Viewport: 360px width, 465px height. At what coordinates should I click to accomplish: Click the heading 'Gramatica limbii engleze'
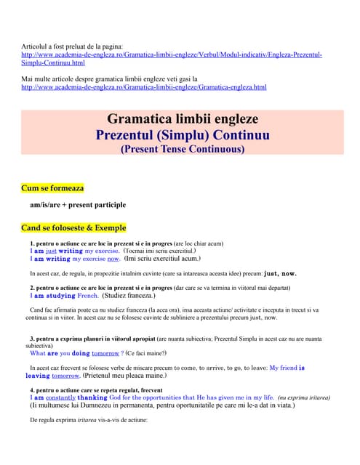183,118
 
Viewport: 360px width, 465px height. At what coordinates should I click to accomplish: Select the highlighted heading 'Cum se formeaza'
52,187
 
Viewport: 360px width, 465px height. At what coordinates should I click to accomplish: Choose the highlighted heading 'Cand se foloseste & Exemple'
73,227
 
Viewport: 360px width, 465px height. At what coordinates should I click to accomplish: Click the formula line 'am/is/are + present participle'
78,205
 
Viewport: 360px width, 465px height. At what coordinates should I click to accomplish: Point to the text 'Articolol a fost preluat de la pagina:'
73,46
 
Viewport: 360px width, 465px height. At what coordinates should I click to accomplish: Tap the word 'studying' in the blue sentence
61,296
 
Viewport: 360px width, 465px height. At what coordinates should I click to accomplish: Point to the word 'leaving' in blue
37,376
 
